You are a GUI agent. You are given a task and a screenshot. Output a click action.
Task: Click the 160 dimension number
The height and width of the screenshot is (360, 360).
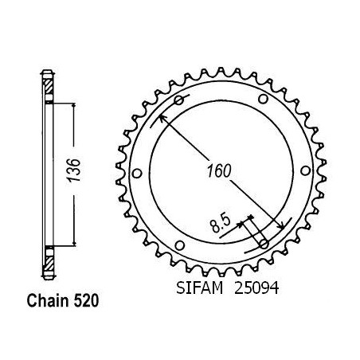[219, 171]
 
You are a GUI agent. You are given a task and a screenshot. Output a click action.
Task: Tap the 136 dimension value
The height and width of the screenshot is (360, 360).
[73, 170]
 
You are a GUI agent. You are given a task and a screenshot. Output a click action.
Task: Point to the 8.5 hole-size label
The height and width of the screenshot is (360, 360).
[221, 224]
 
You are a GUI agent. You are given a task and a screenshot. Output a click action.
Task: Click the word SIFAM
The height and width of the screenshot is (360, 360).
[199, 288]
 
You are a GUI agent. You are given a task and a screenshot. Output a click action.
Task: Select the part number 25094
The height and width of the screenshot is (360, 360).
[256, 288]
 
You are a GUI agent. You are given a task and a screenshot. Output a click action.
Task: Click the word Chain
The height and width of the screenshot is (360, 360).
[48, 301]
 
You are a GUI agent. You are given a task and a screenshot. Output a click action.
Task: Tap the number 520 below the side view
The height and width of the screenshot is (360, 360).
[86, 301]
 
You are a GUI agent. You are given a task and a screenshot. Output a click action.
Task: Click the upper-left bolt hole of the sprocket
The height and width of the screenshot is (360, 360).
[178, 100]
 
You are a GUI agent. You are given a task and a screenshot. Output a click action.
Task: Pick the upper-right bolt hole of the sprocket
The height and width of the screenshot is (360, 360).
[263, 100]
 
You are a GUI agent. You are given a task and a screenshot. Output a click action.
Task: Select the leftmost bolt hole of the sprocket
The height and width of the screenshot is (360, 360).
[137, 174]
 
